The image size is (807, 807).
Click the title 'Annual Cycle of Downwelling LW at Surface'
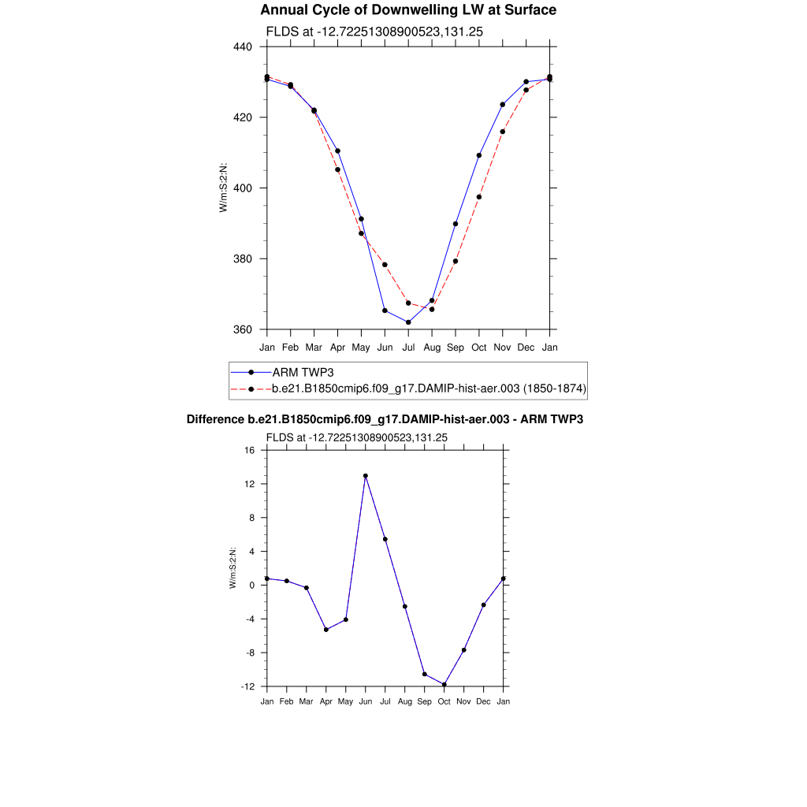pos(408,10)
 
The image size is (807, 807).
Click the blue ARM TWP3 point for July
pos(408,322)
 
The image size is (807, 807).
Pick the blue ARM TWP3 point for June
pos(385,311)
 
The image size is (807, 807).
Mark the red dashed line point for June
pos(385,265)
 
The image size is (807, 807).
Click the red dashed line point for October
pos(479,197)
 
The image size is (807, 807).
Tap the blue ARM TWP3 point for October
pos(479,155)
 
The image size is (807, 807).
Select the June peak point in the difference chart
pos(366,476)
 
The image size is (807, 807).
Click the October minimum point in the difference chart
pos(444,685)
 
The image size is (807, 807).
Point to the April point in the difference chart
pos(326,630)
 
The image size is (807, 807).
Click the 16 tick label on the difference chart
pos(250,450)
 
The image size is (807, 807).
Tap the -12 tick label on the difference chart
pos(248,686)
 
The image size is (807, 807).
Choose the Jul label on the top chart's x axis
pos(408,348)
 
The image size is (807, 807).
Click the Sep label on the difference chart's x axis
pos(425,701)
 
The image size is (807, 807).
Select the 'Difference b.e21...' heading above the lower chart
pos(385,419)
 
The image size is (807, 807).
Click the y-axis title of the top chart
pos(224,188)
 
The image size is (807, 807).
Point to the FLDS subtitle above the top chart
pos(374,32)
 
